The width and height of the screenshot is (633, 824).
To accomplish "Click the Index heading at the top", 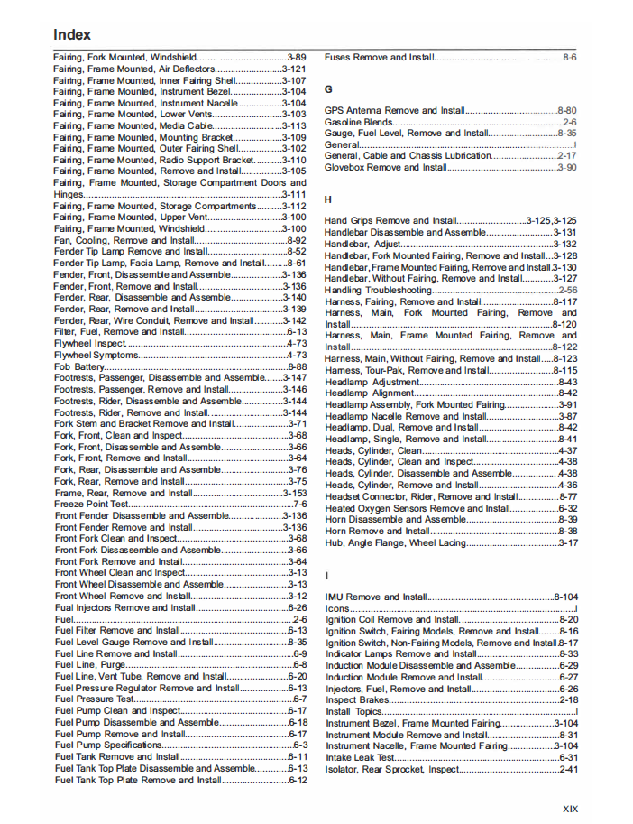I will coord(72,35).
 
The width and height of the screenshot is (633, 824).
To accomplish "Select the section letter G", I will coord(328,89).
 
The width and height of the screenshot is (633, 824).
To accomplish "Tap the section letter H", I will coord(328,199).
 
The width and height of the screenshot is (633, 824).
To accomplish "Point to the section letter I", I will coord(327,575).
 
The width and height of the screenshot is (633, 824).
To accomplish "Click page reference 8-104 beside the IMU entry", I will coord(565,597).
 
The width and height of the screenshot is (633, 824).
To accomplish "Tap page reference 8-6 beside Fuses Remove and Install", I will coord(570,57).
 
